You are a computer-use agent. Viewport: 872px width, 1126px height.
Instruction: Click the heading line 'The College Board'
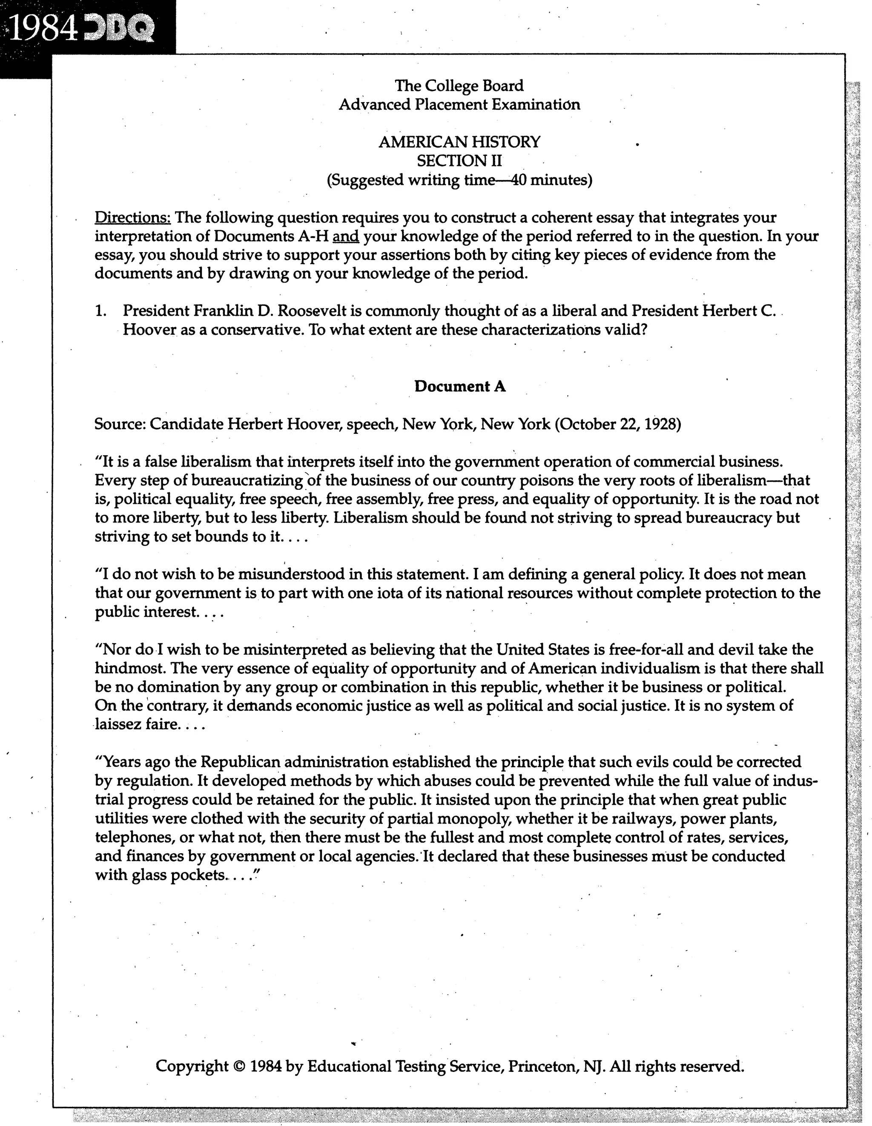click(459, 86)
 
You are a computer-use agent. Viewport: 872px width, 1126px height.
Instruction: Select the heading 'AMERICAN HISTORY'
click(459, 142)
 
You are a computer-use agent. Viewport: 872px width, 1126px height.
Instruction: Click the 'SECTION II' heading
click(459, 161)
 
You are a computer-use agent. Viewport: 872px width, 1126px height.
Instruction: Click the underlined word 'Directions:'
click(132, 217)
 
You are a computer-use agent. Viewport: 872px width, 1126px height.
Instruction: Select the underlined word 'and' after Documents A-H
click(346, 236)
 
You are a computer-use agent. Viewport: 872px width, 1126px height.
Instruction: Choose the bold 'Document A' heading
click(459, 386)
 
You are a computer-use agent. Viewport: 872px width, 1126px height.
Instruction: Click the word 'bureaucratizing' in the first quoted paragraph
click(247, 481)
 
